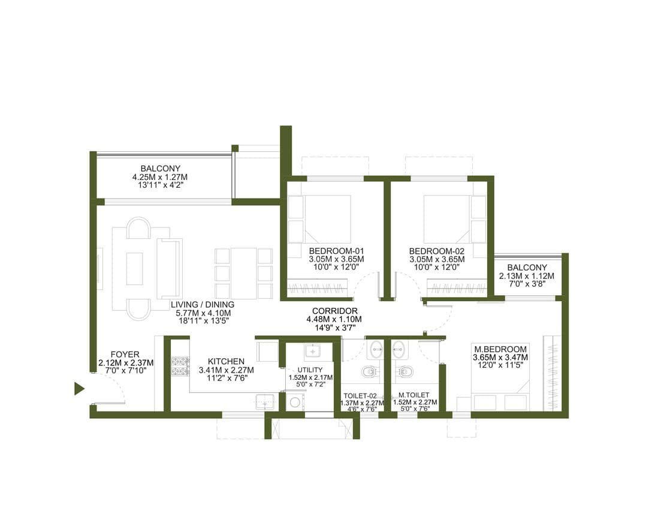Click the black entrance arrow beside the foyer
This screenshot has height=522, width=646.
pos(79,389)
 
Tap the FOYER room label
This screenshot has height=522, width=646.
pos(125,355)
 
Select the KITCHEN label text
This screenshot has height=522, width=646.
pos(226,361)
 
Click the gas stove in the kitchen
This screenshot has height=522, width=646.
pos(180,367)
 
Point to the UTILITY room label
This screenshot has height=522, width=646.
pos(310,370)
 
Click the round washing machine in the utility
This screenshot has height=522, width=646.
pos(295,403)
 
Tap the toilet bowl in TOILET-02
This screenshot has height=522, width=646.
pos(370,372)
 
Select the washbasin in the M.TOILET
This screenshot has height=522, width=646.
pos(399,350)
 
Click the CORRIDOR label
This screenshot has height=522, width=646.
pos(334,311)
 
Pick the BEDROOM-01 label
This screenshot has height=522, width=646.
pos(337,251)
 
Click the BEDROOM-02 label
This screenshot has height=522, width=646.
pos(437,251)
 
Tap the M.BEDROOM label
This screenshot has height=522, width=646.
pos(500,349)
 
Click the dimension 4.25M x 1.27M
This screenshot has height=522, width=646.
pos(160,176)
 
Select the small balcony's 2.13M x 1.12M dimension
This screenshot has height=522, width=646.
pos(527,275)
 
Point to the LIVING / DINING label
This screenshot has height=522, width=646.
pos(203,305)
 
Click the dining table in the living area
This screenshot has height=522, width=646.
pos(243,273)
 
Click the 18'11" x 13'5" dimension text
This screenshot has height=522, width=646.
pos(203,320)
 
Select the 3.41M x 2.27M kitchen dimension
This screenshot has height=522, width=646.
pos(226,370)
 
